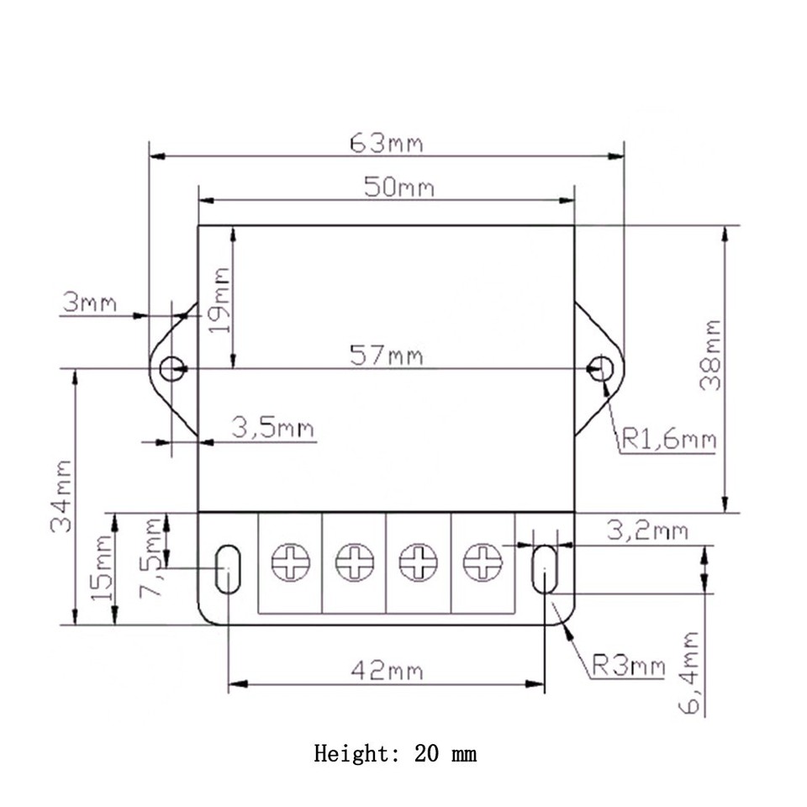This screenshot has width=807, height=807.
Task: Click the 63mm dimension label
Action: click(387, 144)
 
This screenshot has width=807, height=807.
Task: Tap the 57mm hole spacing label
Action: click(387, 356)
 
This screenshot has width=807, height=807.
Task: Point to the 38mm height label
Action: click(711, 354)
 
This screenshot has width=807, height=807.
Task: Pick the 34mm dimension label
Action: click(61, 496)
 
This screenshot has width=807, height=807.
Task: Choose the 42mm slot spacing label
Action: click(387, 671)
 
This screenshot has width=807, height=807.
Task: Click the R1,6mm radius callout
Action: click(668, 438)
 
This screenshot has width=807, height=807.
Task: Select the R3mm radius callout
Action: click(627, 667)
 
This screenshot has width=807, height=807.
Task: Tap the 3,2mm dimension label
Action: click(646, 530)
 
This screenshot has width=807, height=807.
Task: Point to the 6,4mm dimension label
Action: click(689, 672)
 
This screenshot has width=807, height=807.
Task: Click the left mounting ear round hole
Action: click(171, 368)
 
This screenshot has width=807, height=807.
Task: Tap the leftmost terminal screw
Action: click(291, 562)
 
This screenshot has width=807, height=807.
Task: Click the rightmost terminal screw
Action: click(483, 562)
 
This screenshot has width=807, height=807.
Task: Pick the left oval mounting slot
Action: click(227, 568)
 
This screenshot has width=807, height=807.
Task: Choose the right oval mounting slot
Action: click(545, 568)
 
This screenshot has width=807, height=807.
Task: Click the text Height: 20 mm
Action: click(395, 752)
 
